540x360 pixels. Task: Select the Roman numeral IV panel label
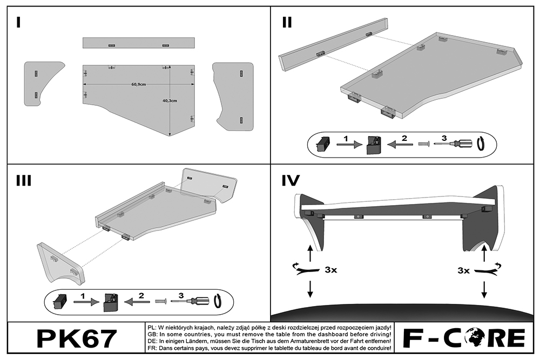point(291,180)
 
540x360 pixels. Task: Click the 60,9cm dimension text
point(139,85)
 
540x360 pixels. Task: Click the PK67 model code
point(76,338)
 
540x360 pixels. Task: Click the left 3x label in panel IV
point(330,270)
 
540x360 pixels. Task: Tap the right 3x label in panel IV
point(463,270)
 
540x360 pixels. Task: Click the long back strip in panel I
point(139,43)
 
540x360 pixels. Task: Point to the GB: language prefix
point(152,335)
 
